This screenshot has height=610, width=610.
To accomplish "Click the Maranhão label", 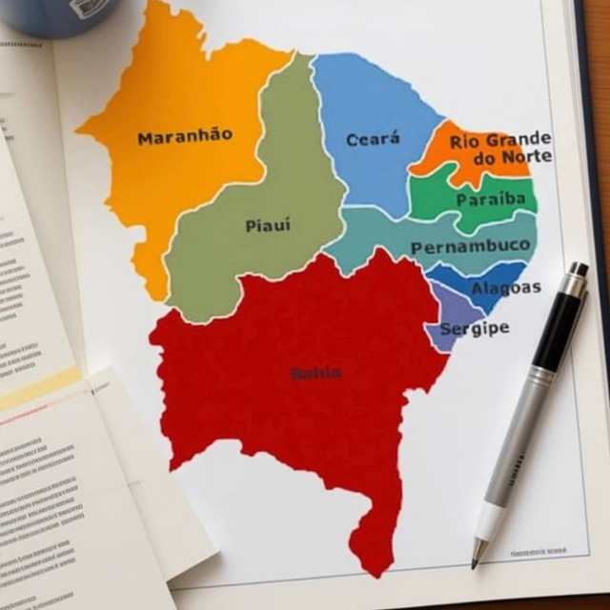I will (184, 137).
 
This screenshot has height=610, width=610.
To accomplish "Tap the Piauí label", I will (268, 226).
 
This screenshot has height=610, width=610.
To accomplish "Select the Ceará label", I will (373, 140).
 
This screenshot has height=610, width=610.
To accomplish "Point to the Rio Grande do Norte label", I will (499, 148).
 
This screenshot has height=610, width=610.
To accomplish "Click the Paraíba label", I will (490, 199).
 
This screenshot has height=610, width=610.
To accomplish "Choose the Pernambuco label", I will (470, 247).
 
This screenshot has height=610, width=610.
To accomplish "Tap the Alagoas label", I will (506, 287).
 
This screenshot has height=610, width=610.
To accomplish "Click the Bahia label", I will (315, 373).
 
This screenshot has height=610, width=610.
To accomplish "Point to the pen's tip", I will (476, 563).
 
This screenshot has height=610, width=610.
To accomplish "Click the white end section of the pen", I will (489, 520).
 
